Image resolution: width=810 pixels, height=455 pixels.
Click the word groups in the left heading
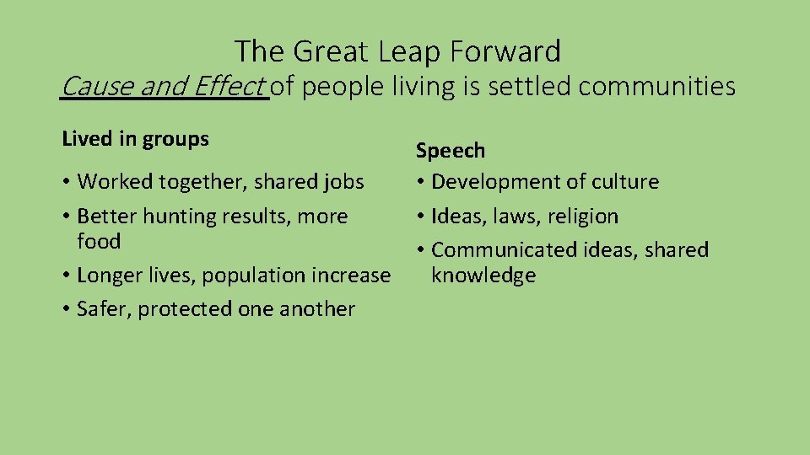(x=177, y=139)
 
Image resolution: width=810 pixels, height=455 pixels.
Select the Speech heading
(x=451, y=151)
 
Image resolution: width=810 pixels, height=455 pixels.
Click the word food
(x=99, y=242)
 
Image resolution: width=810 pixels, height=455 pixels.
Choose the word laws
(x=515, y=217)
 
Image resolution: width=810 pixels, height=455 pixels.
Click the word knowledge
(x=483, y=276)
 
